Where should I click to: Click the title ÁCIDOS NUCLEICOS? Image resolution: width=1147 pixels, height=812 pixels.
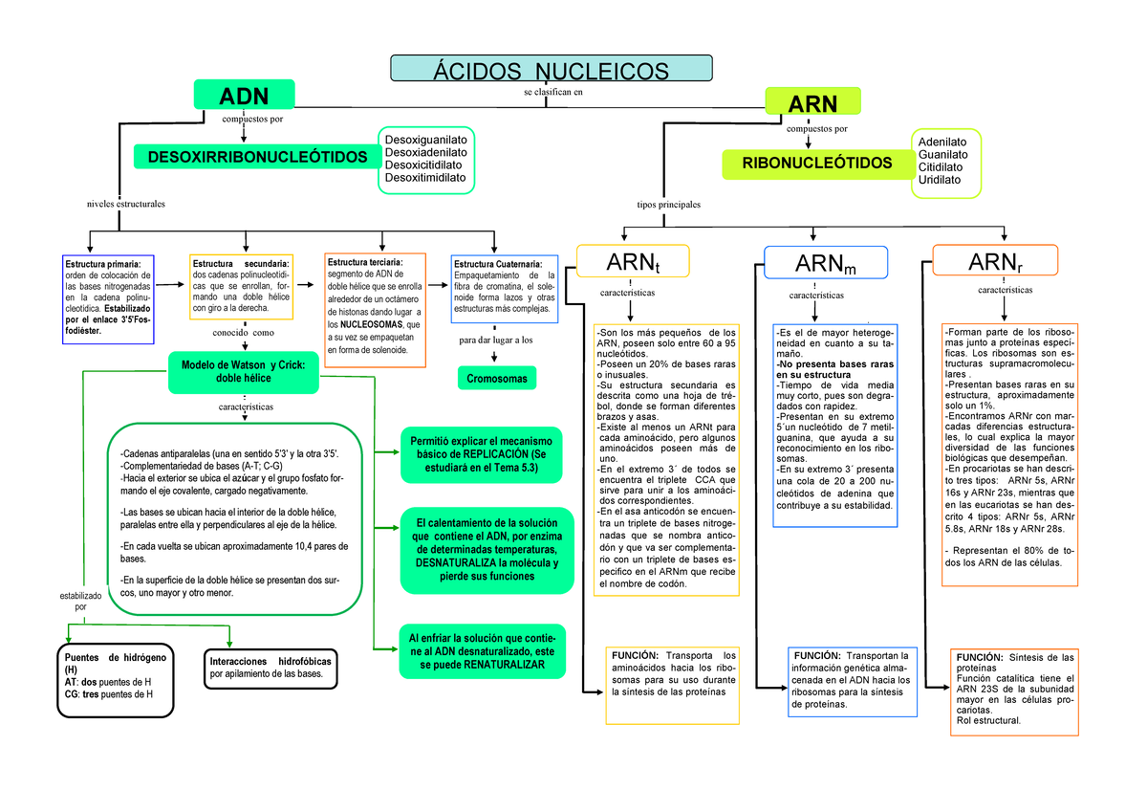552,70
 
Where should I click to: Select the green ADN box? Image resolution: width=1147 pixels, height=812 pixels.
244,96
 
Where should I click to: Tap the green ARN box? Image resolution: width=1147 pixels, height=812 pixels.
812,102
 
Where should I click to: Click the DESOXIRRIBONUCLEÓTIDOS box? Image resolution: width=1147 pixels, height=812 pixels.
257,156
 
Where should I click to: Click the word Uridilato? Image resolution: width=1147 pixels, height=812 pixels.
941,180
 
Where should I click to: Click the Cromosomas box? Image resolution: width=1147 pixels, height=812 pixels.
497,379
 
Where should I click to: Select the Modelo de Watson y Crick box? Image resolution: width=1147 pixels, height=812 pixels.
243,371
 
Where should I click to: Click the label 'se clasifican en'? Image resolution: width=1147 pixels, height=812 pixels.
552,93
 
